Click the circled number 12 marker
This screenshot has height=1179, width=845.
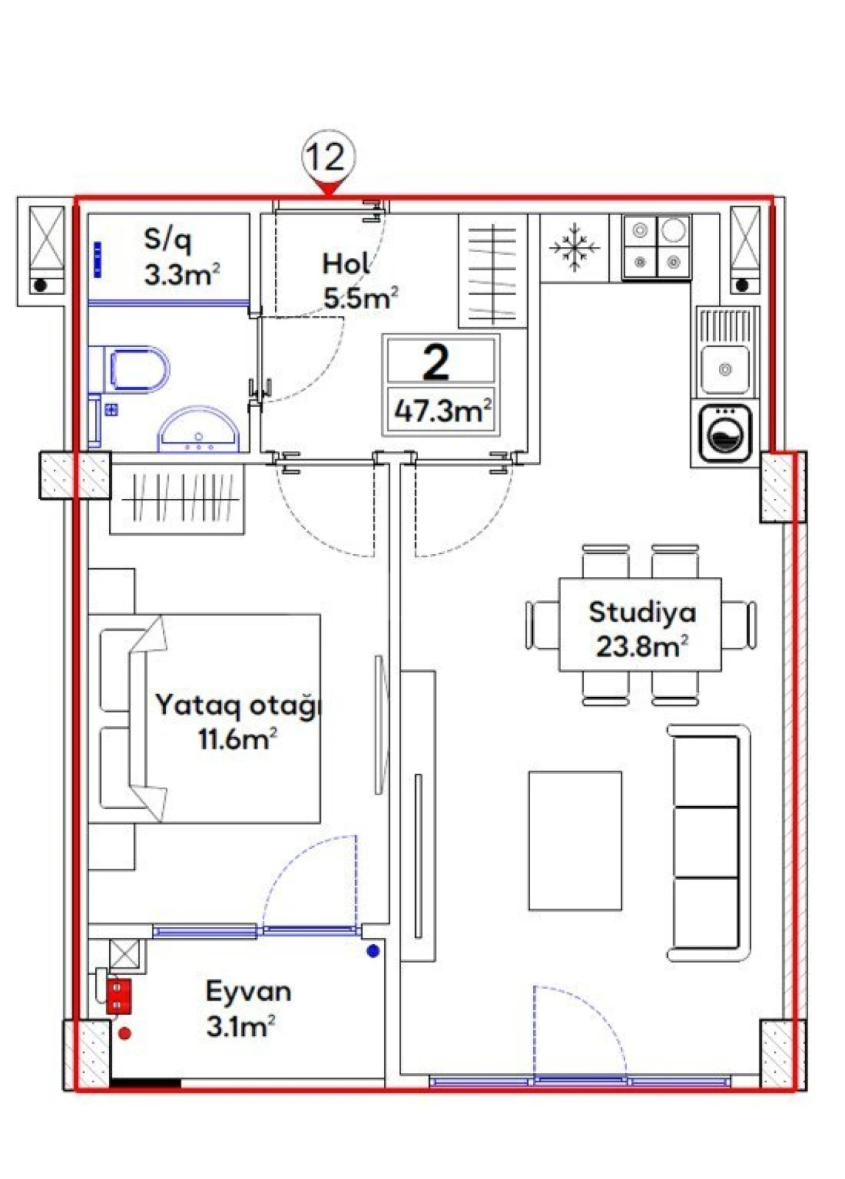(328, 157)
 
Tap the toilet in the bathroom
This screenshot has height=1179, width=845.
(138, 368)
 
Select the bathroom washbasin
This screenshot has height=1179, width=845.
(199, 431)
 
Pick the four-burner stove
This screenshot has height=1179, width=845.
(657, 247)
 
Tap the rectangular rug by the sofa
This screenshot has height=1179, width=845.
(574, 840)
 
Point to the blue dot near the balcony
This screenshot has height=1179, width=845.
(373, 951)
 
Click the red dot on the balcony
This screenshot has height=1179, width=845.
(125, 1034)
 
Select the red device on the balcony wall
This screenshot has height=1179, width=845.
(118, 996)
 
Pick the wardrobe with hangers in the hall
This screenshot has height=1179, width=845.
(493, 271)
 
